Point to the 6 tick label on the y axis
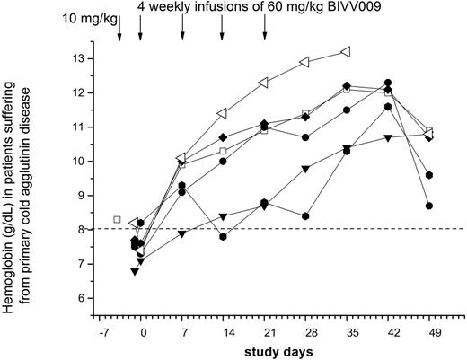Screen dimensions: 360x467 [x=85, y=297]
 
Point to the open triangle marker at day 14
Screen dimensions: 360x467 [x=223, y=113]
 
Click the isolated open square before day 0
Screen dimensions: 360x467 [x=117, y=219]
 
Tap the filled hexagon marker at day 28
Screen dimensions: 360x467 [x=305, y=216]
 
